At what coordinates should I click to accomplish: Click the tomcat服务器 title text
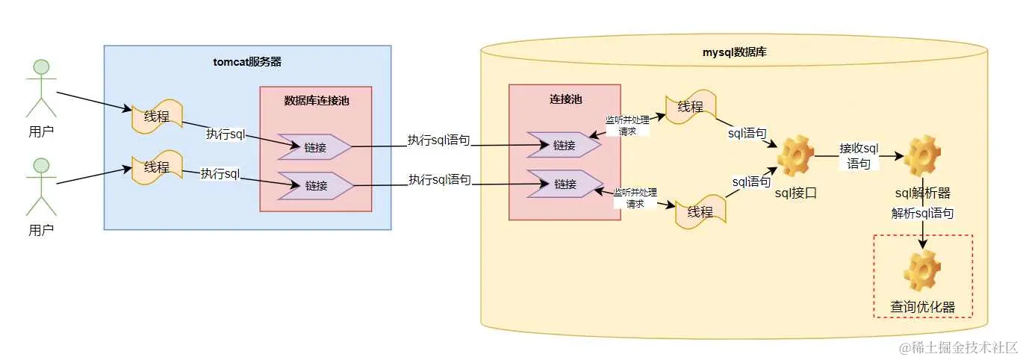tap(247, 62)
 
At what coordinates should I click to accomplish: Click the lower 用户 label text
tap(41, 230)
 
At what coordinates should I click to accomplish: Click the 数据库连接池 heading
tap(315, 100)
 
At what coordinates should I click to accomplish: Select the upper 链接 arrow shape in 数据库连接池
tap(314, 147)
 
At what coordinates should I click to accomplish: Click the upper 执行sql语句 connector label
tap(438, 140)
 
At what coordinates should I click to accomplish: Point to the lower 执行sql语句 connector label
tap(439, 179)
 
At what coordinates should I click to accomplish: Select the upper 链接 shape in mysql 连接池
tap(564, 145)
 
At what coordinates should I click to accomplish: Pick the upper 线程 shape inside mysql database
tap(691, 107)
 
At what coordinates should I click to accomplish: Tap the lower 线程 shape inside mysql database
tap(700, 211)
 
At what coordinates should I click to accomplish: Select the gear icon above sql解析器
tap(922, 155)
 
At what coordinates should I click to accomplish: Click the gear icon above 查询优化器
tap(922, 270)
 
